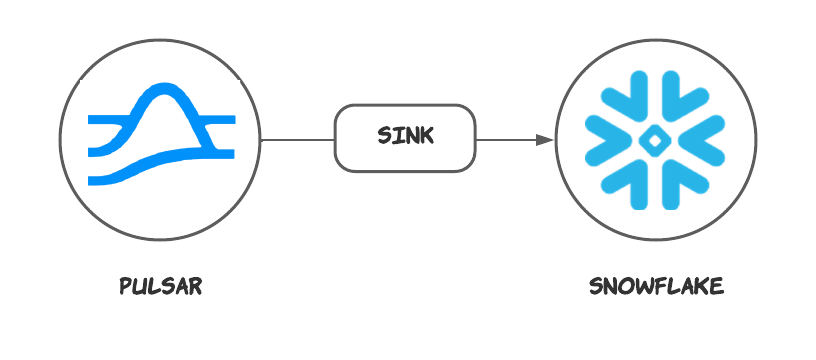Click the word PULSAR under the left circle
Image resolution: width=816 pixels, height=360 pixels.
160,287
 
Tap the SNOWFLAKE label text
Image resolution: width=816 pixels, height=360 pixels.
655,287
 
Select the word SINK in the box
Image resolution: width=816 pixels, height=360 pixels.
405,137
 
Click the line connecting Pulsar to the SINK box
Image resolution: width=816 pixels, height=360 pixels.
297,139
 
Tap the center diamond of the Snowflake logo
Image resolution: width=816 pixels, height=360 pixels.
656,139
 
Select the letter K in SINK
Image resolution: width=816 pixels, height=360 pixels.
428,137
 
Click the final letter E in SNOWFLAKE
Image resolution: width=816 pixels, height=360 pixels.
716,287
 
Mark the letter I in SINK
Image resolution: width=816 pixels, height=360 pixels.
395,137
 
